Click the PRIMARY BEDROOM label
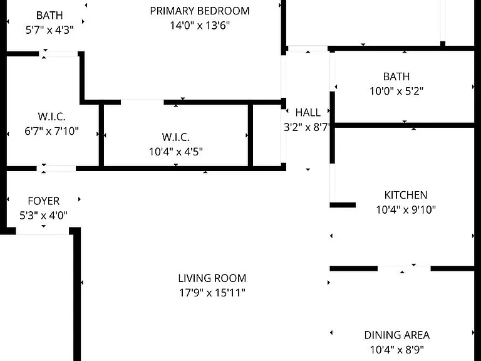click(x=200, y=11)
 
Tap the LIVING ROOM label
click(x=212, y=278)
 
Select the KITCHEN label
click(x=406, y=196)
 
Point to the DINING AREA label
click(x=397, y=335)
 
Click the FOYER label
click(x=44, y=201)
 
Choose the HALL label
click(x=308, y=113)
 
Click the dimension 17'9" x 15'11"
click(x=212, y=293)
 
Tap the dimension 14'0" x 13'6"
click(x=200, y=26)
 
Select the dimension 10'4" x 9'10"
click(x=406, y=210)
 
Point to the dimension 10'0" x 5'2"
click(x=396, y=91)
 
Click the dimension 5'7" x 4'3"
click(x=49, y=30)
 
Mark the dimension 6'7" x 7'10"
click(x=51, y=132)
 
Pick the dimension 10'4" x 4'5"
click(x=176, y=152)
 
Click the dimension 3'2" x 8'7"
click(x=307, y=127)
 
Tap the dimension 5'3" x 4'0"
click(x=44, y=216)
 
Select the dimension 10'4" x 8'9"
click(x=397, y=350)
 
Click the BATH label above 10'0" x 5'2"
click(x=396, y=76)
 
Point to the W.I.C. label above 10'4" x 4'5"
click(x=176, y=137)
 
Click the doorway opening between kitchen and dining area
click(x=404, y=269)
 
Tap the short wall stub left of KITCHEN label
click(x=343, y=205)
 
